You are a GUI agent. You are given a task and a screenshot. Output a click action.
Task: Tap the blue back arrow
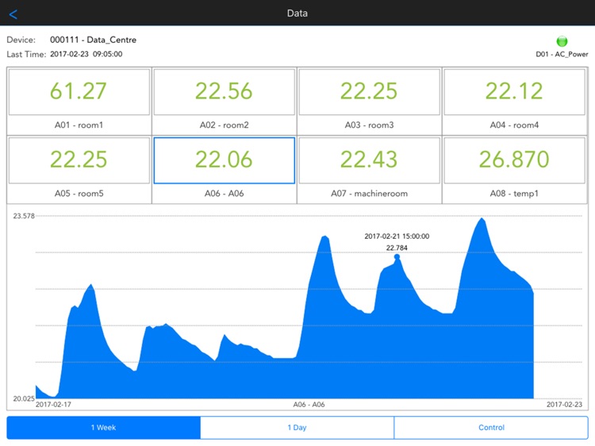(x=13, y=13)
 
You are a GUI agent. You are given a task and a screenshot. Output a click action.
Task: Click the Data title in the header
(x=297, y=13)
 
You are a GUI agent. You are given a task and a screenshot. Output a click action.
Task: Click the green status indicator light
(x=562, y=41)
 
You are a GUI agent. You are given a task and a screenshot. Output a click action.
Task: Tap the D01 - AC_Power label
(x=562, y=55)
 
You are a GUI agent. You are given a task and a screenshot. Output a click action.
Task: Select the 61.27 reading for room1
(x=79, y=91)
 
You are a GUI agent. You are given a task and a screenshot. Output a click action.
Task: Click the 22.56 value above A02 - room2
(x=224, y=91)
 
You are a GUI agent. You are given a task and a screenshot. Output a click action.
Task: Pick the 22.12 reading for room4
(x=514, y=91)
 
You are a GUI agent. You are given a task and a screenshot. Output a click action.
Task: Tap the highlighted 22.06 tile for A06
(x=224, y=160)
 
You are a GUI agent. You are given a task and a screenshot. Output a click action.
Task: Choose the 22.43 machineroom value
(x=369, y=160)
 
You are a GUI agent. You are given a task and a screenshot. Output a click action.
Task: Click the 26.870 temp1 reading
(x=514, y=160)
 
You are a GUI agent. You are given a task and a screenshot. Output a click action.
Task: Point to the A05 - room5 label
(x=79, y=193)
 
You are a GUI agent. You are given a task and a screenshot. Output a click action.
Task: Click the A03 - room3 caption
(x=369, y=125)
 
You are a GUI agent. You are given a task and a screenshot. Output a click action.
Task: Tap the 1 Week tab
(x=103, y=428)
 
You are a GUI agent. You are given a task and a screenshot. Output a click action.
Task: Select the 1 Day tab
(x=297, y=428)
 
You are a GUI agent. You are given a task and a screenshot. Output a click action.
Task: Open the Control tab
(x=491, y=428)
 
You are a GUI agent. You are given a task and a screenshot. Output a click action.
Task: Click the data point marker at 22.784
(x=397, y=256)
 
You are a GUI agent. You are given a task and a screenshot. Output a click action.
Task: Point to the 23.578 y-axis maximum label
(x=24, y=216)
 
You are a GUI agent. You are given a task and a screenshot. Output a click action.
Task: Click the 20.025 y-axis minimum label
(x=24, y=398)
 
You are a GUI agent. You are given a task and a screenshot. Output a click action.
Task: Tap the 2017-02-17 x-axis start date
(x=53, y=405)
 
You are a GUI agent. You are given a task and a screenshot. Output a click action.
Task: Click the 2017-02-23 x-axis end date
(x=564, y=405)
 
